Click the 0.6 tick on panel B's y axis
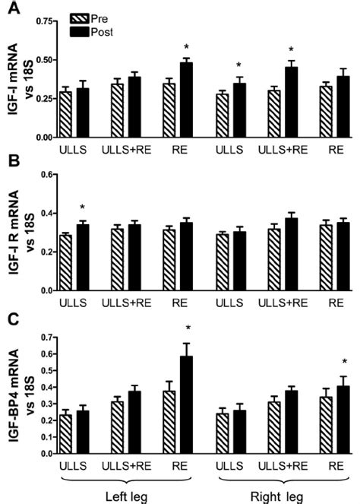click(49, 175)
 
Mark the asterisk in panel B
click(81, 208)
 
